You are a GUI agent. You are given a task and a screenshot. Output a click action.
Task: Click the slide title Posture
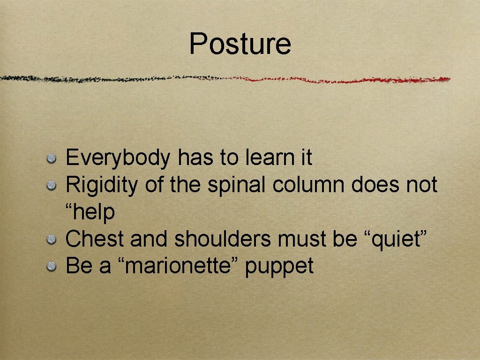pyautogui.click(x=240, y=44)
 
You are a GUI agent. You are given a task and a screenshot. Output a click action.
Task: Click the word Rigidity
pyautogui.click(x=102, y=185)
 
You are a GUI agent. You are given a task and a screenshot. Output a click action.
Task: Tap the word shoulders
pyautogui.click(x=222, y=239)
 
